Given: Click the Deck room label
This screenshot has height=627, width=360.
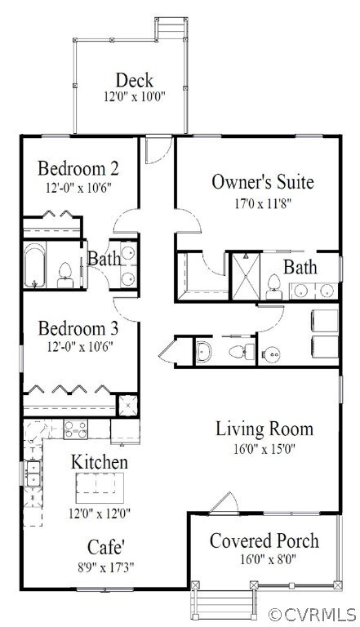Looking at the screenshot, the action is click(135, 80).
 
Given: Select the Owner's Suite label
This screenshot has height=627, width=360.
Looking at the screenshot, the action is click(262, 182).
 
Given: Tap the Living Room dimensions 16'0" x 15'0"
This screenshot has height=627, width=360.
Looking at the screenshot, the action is click(264, 449).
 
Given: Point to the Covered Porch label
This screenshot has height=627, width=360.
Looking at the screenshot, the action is click(264, 540).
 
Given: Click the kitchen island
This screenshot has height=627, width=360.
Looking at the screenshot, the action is click(100, 488).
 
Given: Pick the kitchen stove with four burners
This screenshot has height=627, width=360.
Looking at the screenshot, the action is click(76, 429).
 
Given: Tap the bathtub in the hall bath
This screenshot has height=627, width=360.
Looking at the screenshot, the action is click(34, 265).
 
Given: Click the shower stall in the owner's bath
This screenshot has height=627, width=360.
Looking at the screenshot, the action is click(246, 276).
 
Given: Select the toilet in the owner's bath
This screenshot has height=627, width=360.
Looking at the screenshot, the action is click(274, 287).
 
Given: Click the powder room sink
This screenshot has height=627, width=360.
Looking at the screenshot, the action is click(204, 351).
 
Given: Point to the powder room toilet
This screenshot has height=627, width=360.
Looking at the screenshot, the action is click(242, 352).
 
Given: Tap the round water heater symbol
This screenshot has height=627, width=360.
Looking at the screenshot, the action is click(271, 354).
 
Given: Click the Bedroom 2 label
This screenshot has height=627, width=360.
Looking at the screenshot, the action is click(78, 168).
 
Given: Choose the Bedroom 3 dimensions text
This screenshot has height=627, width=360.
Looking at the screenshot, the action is click(78, 346).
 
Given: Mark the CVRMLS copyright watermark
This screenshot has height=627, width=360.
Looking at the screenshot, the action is click(312, 614).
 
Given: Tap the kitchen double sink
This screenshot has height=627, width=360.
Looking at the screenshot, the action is click(33, 473).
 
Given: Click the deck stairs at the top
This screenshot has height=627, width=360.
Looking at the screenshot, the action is click(171, 28).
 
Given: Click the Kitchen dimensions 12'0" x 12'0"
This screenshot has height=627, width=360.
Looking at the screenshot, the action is click(100, 513).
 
